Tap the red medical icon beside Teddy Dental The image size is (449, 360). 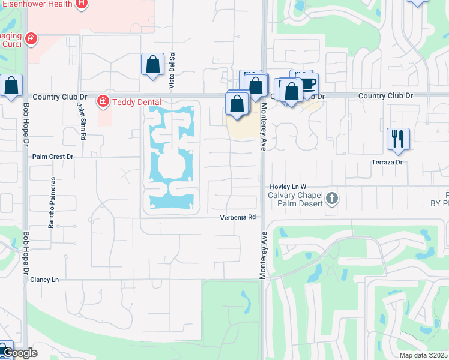coord(103,101)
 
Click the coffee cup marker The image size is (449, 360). coord(307,83)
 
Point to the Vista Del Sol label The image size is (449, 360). coord(172,70)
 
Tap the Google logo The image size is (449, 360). coord(20,353)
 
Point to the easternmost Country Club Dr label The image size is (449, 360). coord(385,96)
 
